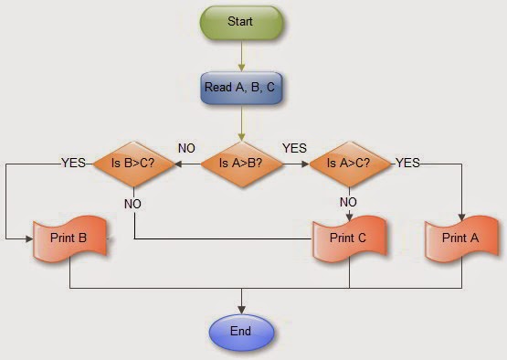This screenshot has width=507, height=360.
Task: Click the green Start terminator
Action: point(241,21)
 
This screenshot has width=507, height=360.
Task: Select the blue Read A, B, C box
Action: point(241,88)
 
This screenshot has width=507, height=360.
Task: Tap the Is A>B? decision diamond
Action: point(241,164)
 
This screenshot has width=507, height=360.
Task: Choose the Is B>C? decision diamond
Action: point(134,164)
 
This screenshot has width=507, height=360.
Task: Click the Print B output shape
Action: point(70,238)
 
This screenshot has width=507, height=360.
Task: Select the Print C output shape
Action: point(348,238)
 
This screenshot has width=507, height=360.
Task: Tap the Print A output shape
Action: point(459,238)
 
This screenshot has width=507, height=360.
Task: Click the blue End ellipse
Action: point(241,330)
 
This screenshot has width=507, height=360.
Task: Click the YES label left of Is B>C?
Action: point(74,163)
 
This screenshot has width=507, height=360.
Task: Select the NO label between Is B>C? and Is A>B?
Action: point(186,147)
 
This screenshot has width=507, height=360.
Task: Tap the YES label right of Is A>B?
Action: point(294,147)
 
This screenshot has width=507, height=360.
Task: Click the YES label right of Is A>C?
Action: point(407,163)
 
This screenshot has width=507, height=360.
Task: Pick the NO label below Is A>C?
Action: point(348,202)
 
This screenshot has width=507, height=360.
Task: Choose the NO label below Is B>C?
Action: point(134,202)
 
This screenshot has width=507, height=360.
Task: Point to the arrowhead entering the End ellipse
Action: point(241,308)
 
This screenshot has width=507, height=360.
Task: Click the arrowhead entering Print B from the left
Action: point(29,238)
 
